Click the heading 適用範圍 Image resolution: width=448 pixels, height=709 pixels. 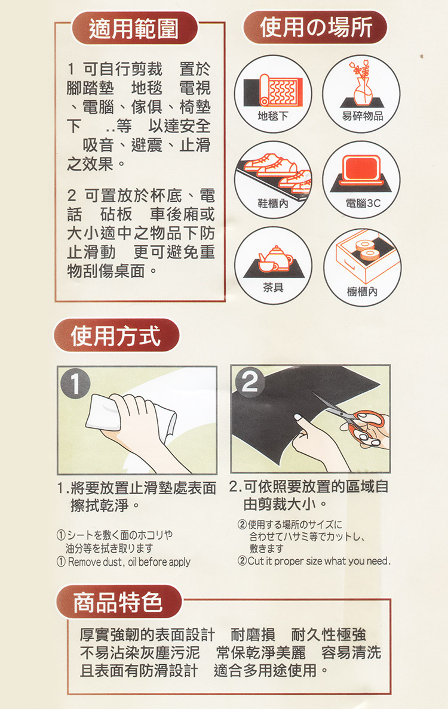[134, 28]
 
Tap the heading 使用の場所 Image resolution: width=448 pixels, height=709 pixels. [315, 27]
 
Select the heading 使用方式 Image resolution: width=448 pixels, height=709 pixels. [116, 336]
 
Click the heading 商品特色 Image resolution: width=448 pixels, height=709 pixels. [118, 602]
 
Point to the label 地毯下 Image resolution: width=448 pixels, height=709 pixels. [273, 116]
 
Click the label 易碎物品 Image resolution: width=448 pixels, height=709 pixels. [363, 116]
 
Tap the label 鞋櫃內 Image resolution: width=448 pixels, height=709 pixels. [273, 203]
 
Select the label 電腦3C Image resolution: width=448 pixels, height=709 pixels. [363, 203]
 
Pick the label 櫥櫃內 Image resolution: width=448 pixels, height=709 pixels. [362, 291]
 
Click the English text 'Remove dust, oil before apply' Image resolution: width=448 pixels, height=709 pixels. [129, 562]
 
